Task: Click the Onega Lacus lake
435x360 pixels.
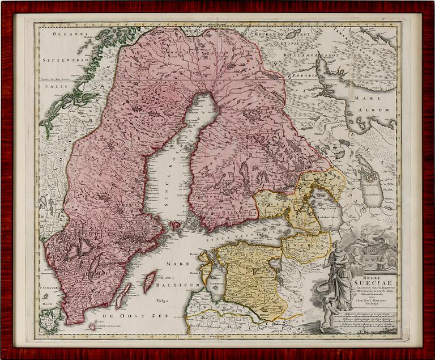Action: point(371,184)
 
